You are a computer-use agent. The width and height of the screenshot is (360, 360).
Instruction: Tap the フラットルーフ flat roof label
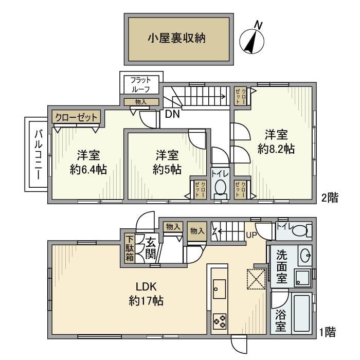pyautogui.click(x=140, y=84)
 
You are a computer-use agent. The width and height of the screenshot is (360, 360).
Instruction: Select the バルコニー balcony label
pyautogui.click(x=38, y=154)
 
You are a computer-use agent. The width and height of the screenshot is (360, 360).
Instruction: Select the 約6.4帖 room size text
pyautogui.click(x=88, y=169)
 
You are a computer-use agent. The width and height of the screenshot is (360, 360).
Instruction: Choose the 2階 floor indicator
pyautogui.click(x=329, y=198)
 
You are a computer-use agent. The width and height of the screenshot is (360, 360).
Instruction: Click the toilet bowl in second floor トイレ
pyautogui.click(x=220, y=188)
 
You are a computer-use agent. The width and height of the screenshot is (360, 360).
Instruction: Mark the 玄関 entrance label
pyautogui.click(x=151, y=247)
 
